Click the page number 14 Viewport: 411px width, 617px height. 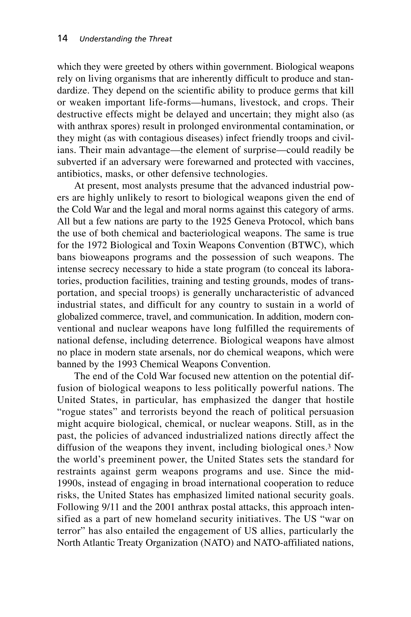[63, 39]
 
